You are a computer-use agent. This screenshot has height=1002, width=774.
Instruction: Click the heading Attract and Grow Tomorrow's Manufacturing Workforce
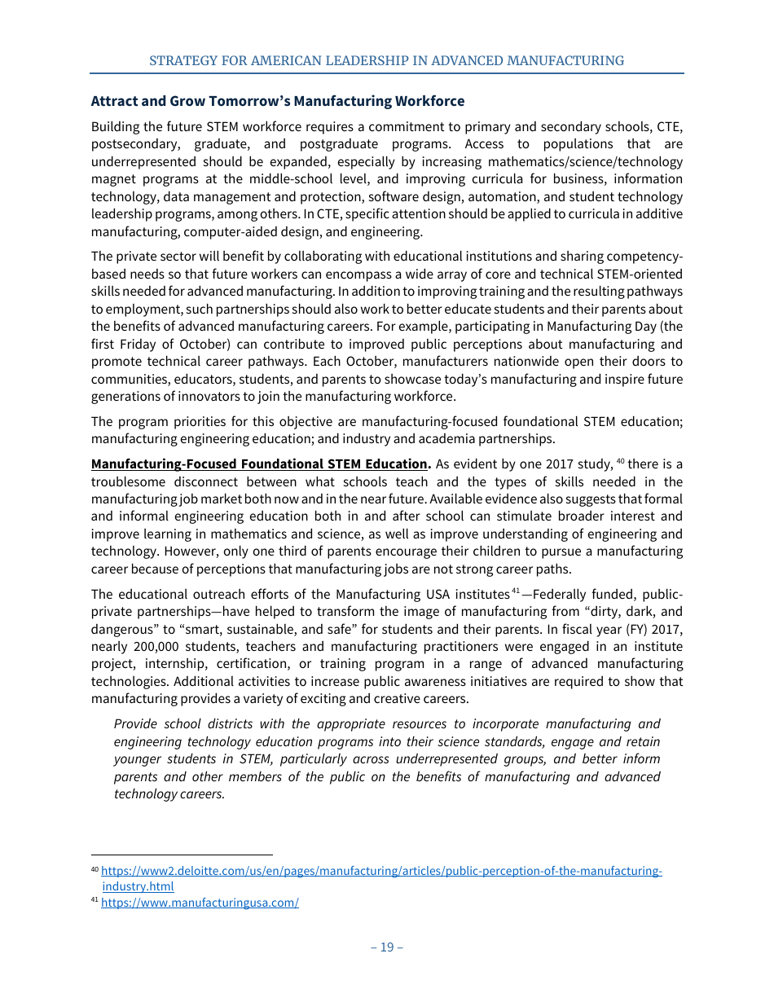click(277, 101)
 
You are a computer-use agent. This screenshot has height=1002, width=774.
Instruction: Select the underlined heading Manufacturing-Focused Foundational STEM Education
click(259, 464)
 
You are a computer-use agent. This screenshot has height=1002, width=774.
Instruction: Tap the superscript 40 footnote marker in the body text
click(620, 462)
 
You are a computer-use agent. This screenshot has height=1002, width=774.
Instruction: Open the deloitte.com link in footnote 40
click(381, 871)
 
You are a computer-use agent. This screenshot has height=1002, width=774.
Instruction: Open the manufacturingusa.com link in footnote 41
click(200, 903)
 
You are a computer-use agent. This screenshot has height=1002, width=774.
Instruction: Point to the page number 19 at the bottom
click(386, 947)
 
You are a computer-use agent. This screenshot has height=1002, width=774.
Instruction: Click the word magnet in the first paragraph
click(113, 179)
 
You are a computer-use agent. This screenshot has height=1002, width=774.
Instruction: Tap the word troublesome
click(132, 481)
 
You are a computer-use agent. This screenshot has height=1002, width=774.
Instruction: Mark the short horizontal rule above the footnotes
click(182, 855)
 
